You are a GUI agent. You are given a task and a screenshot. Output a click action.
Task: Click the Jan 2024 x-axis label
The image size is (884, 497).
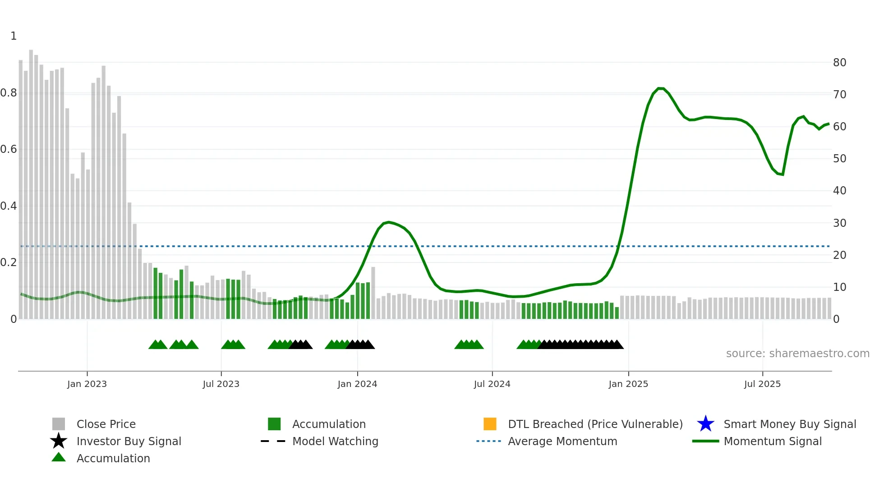357,384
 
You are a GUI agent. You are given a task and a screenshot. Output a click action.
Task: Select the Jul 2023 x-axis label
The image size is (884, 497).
221,384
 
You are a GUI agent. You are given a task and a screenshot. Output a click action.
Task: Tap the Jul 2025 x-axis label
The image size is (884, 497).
762,384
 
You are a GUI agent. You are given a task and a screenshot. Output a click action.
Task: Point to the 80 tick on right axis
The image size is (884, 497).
839,63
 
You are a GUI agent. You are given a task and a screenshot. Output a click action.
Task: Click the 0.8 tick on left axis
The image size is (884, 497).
9,93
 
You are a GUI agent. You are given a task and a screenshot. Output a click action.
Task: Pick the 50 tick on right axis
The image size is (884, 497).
839,159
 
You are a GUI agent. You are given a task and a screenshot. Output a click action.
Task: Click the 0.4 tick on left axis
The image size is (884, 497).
9,206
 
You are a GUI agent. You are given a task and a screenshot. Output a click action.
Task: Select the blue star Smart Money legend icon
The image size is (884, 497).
705,424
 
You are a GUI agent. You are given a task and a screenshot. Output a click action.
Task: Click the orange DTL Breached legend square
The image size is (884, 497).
490,424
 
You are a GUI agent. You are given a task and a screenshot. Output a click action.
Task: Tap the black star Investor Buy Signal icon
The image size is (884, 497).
59,441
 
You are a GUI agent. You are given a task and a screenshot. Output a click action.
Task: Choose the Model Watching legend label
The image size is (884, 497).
335,441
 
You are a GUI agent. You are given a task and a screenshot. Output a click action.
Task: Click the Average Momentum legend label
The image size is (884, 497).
562,441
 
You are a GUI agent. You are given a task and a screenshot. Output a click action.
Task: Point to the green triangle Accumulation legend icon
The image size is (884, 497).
59,457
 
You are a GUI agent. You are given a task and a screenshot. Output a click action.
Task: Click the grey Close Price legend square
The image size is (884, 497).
59,424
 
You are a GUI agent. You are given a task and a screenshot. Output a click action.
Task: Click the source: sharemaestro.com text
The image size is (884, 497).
797,354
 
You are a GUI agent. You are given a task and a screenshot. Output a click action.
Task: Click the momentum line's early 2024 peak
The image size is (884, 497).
389,222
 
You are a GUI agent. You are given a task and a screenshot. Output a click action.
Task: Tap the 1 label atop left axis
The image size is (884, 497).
14,36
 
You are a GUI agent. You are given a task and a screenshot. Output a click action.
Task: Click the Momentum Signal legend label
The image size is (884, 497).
773,441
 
